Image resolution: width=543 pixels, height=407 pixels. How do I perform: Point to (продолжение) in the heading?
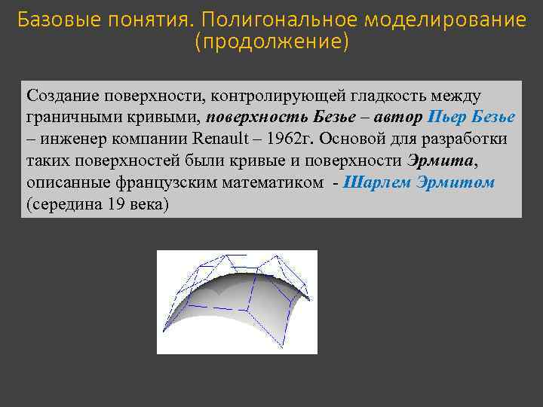coord(271,42)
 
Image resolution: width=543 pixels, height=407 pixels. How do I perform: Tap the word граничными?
coord(66,118)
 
